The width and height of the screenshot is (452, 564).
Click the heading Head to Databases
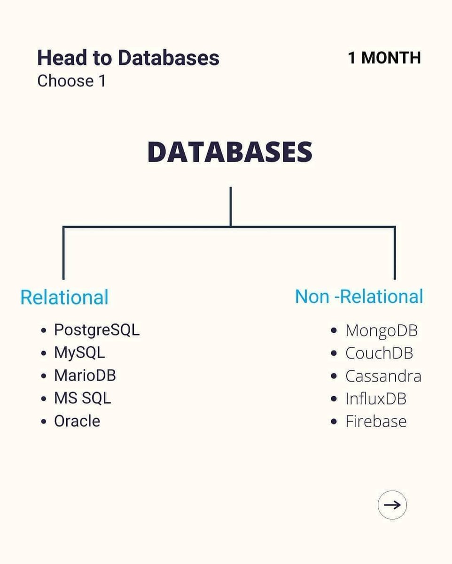[128, 58]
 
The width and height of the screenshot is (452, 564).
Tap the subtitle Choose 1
[71, 81]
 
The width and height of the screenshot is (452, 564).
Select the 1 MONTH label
[384, 58]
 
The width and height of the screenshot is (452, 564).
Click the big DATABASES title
[230, 152]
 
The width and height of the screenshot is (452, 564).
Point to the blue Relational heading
[64, 298]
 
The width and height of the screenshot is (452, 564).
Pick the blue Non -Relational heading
[359, 297]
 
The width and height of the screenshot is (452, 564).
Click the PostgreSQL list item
[97, 329]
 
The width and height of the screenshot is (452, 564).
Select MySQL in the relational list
[79, 352]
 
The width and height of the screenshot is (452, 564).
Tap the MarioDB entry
[85, 375]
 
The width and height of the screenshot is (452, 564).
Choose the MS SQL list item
[82, 398]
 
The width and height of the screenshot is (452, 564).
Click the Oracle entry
[77, 421]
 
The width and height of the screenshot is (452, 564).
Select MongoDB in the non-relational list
[381, 330]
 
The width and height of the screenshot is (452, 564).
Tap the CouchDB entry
[379, 353]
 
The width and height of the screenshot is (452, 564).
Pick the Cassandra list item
[383, 376]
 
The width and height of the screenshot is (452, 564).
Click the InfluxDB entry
[375, 399]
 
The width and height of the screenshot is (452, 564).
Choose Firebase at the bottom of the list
[375, 421]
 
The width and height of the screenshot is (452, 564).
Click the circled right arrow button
[392, 505]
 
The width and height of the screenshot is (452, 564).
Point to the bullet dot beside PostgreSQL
[44, 330]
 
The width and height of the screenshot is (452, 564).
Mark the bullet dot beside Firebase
[334, 422]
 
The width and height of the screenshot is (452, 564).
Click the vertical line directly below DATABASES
[230, 207]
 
